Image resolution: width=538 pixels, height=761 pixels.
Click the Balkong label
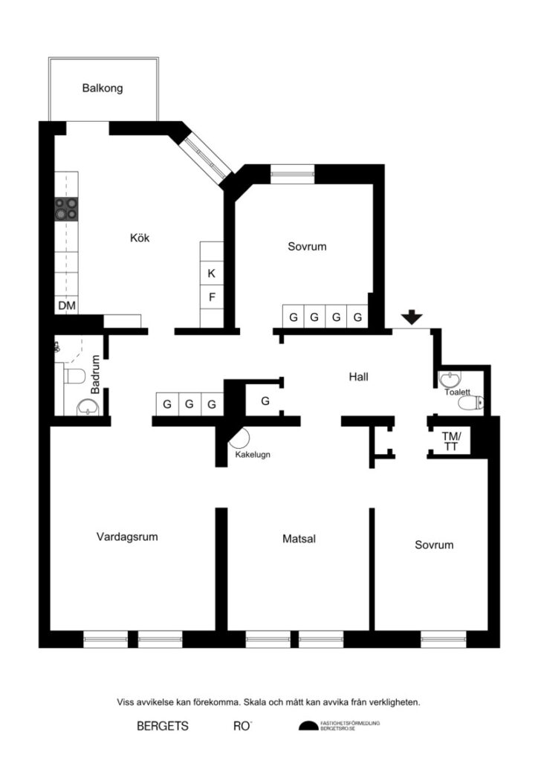point(103,88)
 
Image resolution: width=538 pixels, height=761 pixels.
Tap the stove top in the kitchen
point(66,209)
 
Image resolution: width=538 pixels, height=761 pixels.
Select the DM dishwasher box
point(66,305)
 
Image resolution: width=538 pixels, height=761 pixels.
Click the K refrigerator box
point(212,273)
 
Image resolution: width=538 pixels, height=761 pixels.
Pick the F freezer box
point(212,297)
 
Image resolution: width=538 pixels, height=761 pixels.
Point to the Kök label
point(140,238)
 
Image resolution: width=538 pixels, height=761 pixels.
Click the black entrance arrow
point(412,317)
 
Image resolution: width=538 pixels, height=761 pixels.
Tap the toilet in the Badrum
point(75,375)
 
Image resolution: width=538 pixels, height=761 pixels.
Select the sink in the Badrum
point(88,407)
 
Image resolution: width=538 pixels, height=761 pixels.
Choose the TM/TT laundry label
point(451,441)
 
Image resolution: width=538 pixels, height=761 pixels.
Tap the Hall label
point(358,377)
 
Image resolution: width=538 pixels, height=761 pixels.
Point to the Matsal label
point(299,539)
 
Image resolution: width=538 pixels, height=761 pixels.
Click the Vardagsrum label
point(127,537)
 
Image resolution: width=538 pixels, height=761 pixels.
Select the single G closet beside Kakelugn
point(265,401)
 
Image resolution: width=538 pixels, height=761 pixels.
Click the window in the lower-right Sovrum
point(444,639)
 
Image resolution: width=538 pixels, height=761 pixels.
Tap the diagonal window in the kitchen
point(207,156)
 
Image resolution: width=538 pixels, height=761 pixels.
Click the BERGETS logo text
point(163,726)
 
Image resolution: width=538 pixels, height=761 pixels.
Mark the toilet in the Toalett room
point(470,402)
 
